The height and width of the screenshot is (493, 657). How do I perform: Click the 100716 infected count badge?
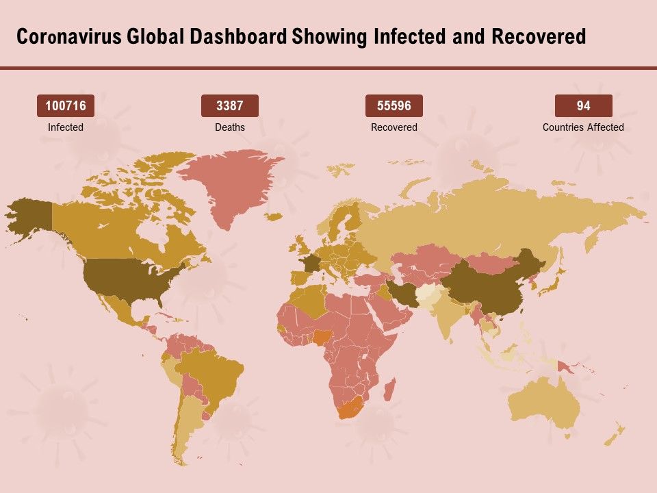[x=65, y=106]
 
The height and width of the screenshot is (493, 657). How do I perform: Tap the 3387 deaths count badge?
[x=229, y=106]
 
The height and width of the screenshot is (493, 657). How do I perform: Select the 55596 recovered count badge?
[x=394, y=106]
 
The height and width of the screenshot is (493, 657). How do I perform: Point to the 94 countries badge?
[x=583, y=106]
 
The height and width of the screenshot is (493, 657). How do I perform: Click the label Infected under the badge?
[x=65, y=127]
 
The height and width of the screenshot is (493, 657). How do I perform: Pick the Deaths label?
[x=229, y=127]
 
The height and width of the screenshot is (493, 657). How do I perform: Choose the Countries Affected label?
[x=583, y=127]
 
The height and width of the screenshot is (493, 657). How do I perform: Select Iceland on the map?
[x=273, y=217]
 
